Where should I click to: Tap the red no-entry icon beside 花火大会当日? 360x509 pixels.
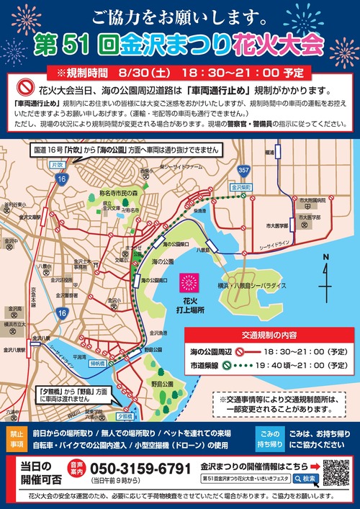point(26,89)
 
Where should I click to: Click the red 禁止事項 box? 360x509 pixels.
point(17,439)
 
